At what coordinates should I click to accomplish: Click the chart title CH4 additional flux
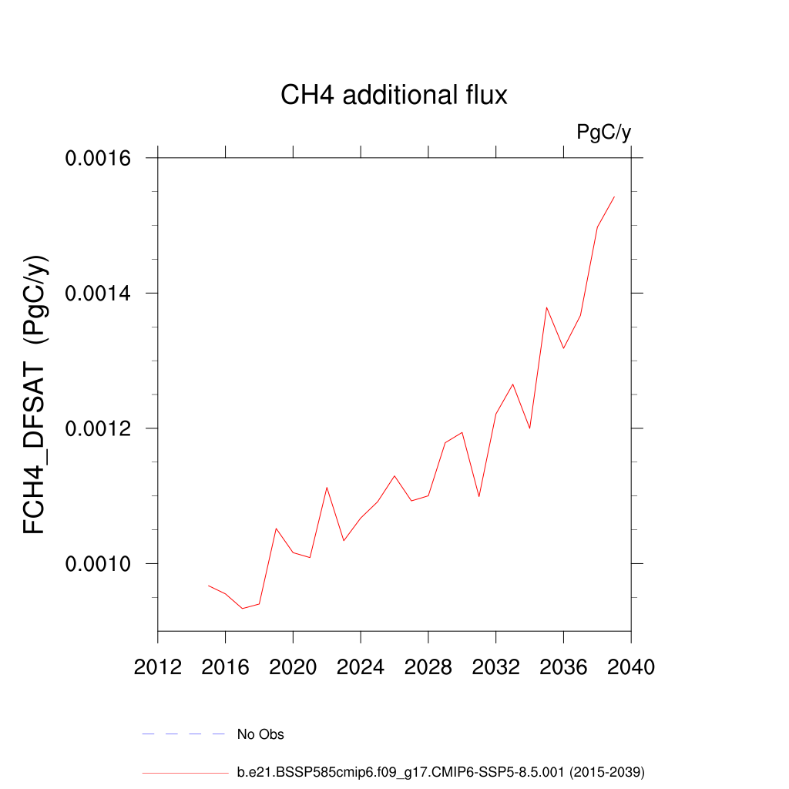pos(394,96)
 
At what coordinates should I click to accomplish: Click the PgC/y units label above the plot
pos(604,133)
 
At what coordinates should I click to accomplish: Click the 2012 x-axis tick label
pos(158,666)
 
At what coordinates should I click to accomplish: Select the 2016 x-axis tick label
pos(225,666)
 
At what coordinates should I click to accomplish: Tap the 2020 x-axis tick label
pos(293,666)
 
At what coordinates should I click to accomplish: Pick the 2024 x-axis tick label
pos(361,666)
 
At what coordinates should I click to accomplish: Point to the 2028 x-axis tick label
pos(428,666)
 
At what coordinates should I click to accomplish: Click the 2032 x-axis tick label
pos(496,666)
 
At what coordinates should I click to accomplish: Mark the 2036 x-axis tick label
pos(563,666)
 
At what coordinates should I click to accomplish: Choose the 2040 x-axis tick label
pos(631,666)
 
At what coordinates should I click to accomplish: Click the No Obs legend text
pos(260,734)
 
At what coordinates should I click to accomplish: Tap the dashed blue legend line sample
pos(183,734)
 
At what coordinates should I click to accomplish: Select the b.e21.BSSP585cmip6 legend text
pos(440,771)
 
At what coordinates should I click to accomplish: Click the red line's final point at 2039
pos(614,196)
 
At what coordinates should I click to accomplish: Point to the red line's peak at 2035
pos(546,307)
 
